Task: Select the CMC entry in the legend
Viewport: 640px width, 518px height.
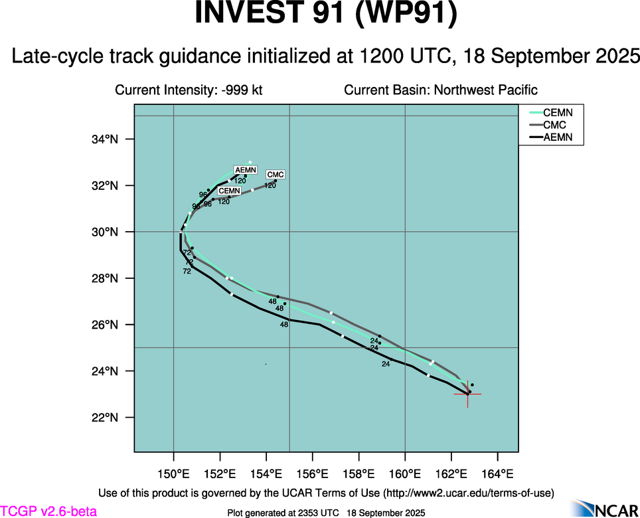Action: (x=554, y=125)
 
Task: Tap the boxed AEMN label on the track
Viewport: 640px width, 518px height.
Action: (x=246, y=170)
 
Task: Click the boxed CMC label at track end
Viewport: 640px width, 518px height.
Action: (x=276, y=175)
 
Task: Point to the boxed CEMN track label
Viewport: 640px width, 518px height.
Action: (x=229, y=191)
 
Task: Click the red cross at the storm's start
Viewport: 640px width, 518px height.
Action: (x=467, y=394)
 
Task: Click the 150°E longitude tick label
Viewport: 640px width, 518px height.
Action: (x=174, y=474)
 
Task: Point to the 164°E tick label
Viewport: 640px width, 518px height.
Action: (x=498, y=474)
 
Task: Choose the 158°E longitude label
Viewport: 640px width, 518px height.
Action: (x=359, y=474)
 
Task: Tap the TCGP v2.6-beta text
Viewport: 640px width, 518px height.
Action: (x=48, y=511)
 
